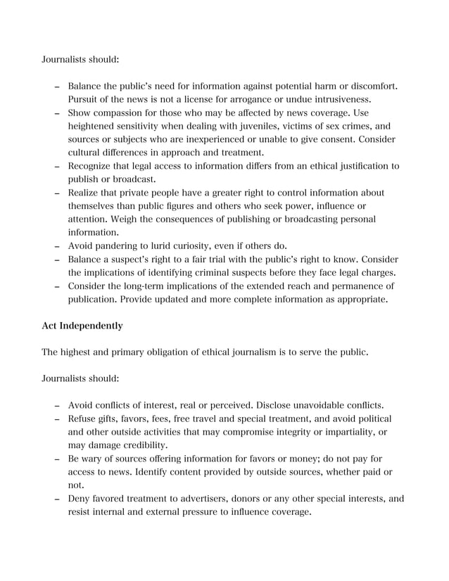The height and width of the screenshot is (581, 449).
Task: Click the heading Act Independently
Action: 83,326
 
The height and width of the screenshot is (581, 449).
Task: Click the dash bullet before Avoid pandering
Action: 56,247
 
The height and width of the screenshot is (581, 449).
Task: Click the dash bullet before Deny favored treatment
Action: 56,499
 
